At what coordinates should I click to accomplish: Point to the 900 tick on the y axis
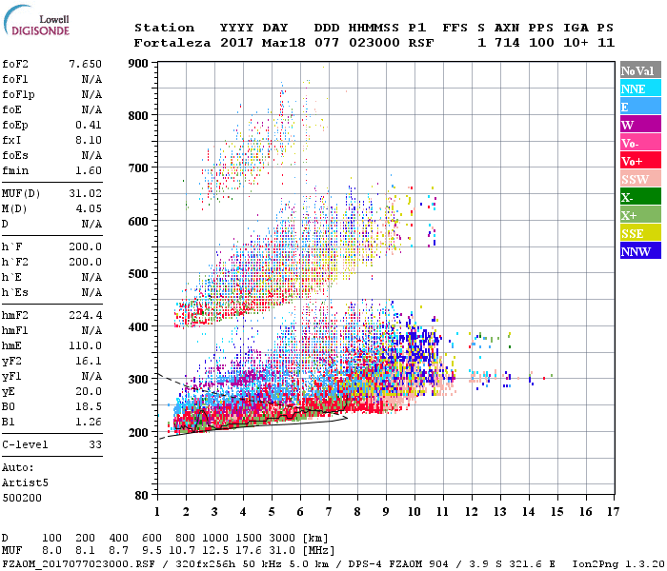139,63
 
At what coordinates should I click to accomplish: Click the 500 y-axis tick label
139,273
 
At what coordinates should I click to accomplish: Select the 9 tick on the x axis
386,512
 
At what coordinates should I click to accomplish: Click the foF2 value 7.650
85,64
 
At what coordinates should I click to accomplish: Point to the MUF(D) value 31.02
85,193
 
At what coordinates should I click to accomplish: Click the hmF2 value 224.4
85,315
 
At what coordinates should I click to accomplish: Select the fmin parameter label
16,170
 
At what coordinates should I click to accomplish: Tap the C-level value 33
94,444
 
